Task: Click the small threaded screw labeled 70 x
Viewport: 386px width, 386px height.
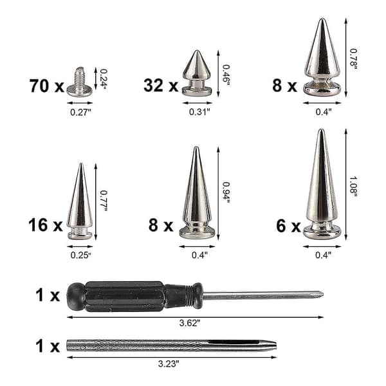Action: tap(80, 82)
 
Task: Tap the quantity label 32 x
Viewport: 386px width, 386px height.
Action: tap(161, 86)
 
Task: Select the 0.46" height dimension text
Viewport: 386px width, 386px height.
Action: tap(226, 75)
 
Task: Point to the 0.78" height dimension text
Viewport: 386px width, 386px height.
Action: tap(353, 59)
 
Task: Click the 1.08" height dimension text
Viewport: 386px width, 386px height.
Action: tap(353, 187)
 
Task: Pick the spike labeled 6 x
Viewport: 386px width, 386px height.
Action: tap(322, 184)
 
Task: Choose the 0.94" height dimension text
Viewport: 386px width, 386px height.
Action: tap(226, 192)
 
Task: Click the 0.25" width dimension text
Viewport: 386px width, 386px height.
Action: tap(81, 255)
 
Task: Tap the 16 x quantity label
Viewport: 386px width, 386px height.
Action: tap(46, 225)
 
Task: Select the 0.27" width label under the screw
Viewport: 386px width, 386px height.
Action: tap(81, 112)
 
